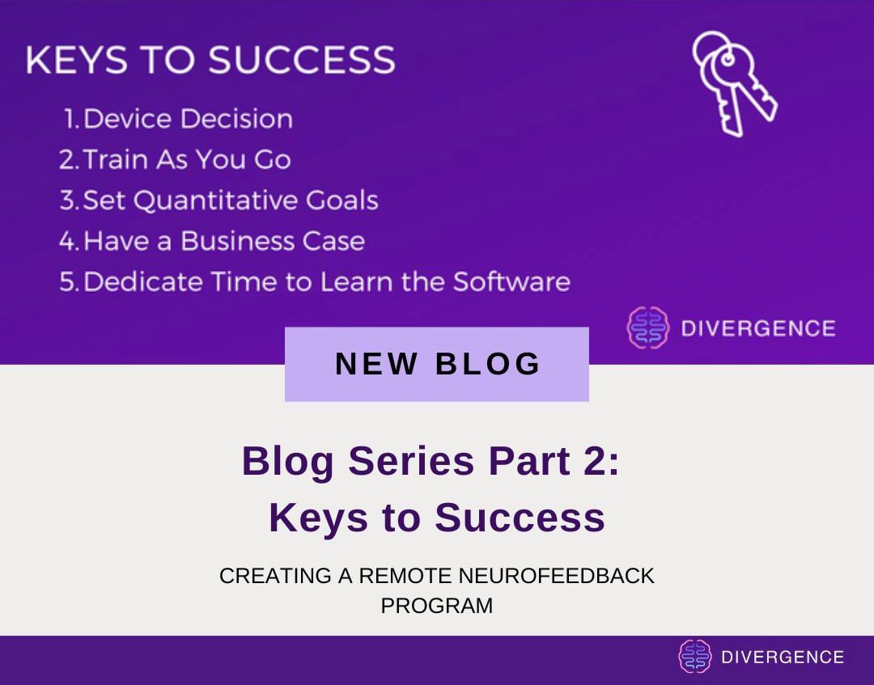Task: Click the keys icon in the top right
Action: click(x=733, y=83)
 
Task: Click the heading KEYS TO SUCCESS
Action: click(x=210, y=61)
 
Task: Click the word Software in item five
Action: click(x=511, y=281)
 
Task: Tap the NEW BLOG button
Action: click(x=437, y=364)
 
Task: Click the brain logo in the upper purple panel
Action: click(x=648, y=328)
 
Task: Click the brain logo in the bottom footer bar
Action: click(x=694, y=657)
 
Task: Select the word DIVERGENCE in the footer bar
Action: click(x=783, y=657)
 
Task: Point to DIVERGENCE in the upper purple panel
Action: click(x=758, y=328)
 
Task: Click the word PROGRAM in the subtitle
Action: click(x=437, y=605)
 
